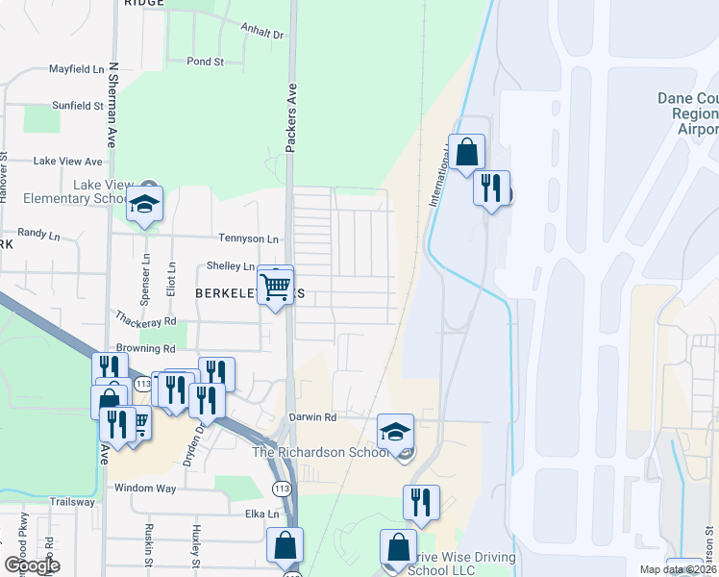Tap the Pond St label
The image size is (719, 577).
[205, 62]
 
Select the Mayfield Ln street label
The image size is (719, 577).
[77, 70]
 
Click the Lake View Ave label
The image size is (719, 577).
[68, 162]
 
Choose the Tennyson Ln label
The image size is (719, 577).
[249, 238]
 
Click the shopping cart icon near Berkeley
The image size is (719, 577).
[276, 285]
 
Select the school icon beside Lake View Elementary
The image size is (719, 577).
[144, 204]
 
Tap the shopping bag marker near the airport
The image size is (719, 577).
[466, 152]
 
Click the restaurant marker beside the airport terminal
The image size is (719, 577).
[491, 188]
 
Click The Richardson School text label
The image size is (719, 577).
[321, 451]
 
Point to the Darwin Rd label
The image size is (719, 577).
[312, 418]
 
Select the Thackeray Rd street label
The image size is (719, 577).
[146, 320]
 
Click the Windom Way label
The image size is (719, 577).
[145, 489]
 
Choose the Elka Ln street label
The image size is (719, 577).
[260, 514]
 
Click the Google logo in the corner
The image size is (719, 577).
[32, 565]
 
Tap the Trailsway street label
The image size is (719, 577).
[72, 502]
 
